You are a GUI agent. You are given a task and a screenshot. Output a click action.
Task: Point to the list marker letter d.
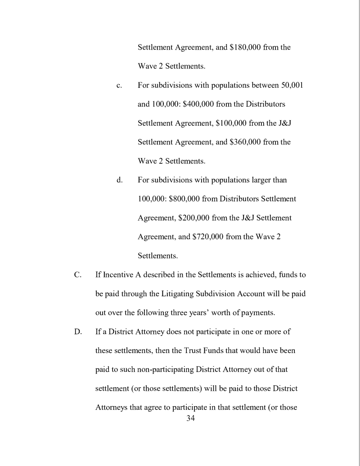(x=119, y=180)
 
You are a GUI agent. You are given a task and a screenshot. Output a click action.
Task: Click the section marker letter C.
(x=77, y=275)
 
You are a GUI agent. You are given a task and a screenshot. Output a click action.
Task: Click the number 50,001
(x=291, y=86)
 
